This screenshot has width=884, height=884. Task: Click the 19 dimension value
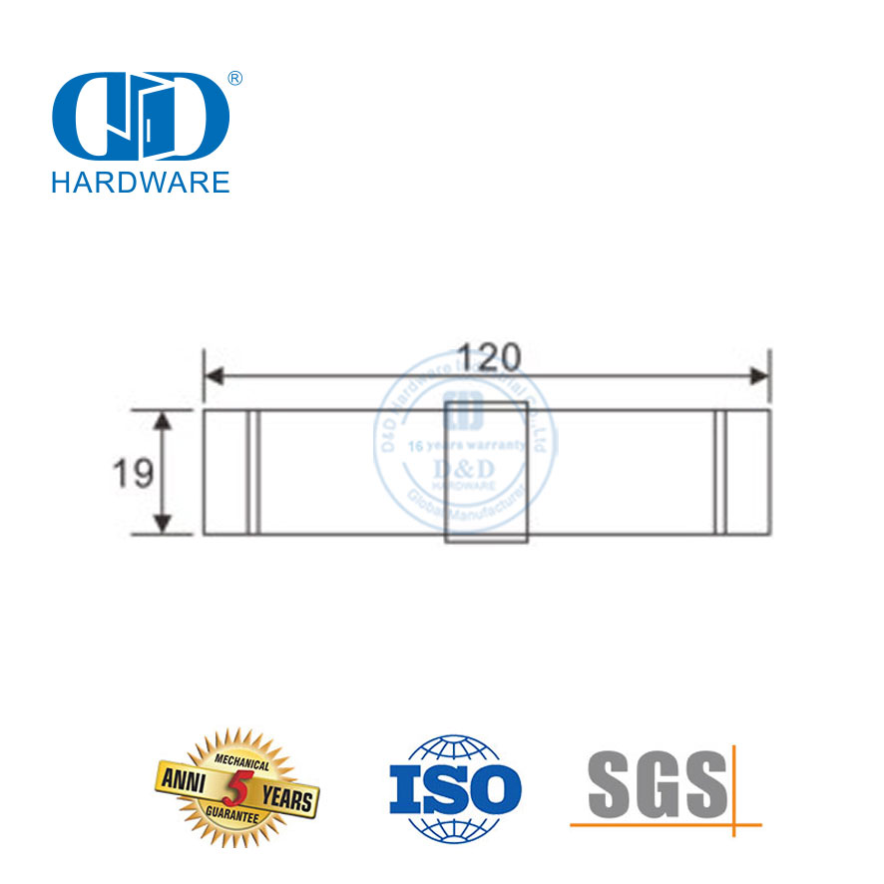132,473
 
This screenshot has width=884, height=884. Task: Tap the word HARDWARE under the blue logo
140,181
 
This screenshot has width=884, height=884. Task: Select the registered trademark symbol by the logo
235,78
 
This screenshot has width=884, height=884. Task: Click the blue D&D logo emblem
140,119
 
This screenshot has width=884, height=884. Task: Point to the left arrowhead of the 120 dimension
212,376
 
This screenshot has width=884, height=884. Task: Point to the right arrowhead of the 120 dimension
763,376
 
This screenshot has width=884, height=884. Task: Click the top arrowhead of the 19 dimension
166,417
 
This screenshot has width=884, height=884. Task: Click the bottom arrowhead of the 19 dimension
166,526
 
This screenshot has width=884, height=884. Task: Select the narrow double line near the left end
254,471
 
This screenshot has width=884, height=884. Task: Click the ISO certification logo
453,788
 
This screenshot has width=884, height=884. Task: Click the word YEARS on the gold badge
286,798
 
